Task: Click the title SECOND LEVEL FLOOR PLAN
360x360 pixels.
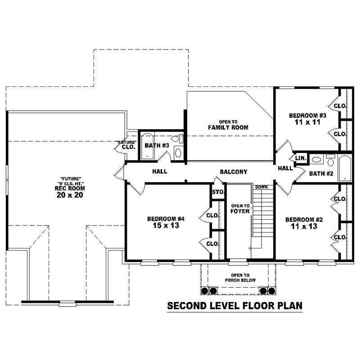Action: pyautogui.click(x=234, y=306)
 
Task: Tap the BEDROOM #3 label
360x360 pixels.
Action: pyautogui.click(x=307, y=119)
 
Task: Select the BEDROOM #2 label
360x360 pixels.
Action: pyautogui.click(x=305, y=223)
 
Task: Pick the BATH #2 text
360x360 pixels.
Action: pyautogui.click(x=321, y=173)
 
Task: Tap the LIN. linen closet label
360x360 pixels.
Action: pyautogui.click(x=301, y=158)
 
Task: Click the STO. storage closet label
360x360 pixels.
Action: pyautogui.click(x=218, y=193)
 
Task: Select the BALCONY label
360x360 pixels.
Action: pyautogui.click(x=234, y=171)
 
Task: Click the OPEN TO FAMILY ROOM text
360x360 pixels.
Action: pyautogui.click(x=228, y=125)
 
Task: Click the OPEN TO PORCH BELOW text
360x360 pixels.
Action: pyautogui.click(x=240, y=278)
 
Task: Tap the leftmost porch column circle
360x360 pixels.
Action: pyautogui.click(x=204, y=291)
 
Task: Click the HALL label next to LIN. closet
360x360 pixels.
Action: pyautogui.click(x=285, y=168)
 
